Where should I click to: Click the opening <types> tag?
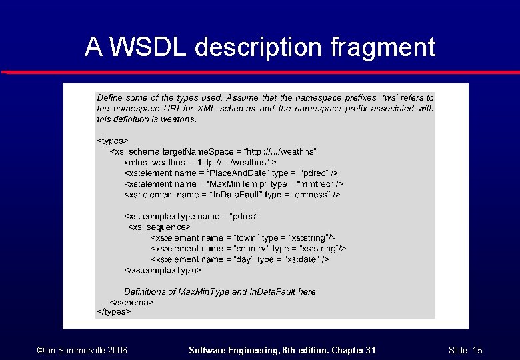tap(113, 141)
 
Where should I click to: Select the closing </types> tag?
tap(114, 311)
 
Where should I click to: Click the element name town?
tap(245, 237)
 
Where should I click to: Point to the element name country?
tap(251, 249)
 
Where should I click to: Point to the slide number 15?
tap(477, 350)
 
